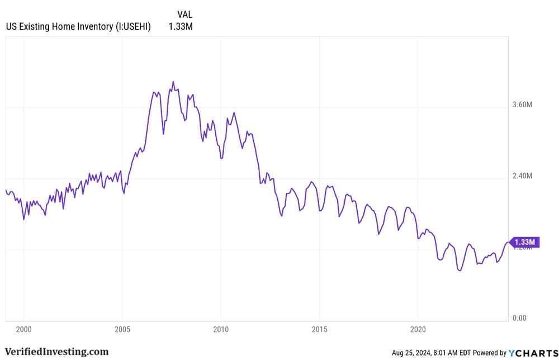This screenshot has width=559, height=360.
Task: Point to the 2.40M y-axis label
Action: coord(523,176)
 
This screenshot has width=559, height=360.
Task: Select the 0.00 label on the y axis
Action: coord(520,318)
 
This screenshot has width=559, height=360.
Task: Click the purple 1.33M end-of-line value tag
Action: coord(524,242)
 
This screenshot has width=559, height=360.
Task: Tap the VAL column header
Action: coord(184,14)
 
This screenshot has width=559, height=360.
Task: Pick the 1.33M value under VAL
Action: coord(180,26)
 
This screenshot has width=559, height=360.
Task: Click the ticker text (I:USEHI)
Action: coord(133,26)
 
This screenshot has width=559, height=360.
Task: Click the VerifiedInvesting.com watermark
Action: coord(56,352)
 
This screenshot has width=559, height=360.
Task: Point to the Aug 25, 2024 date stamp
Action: coord(413,353)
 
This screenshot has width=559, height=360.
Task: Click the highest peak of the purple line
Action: coord(173,82)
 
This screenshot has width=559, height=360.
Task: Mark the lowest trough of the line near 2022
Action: coord(460,271)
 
